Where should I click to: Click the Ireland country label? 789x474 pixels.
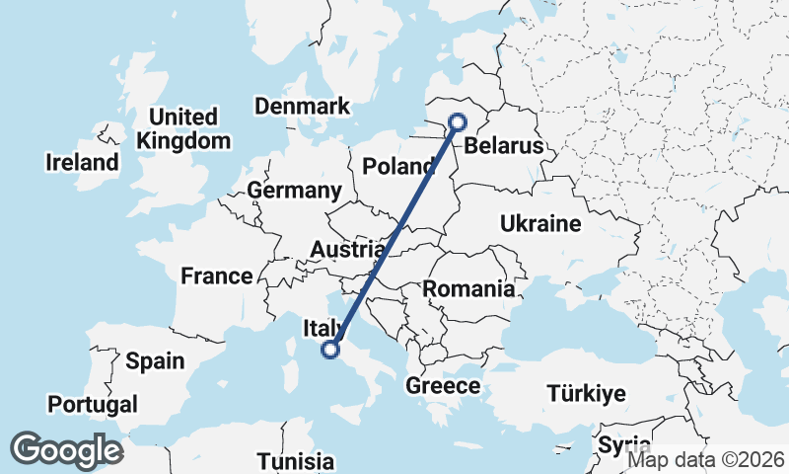point(82,162)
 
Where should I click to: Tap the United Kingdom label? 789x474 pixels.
point(183,128)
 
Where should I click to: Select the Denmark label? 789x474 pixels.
point(302,106)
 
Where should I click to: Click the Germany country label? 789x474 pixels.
point(294,190)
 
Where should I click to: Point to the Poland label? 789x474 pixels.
point(399,166)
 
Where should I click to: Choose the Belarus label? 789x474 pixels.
point(504,146)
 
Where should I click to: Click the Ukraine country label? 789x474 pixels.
point(539,223)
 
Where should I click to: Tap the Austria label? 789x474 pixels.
point(346,250)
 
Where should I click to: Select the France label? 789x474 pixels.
point(217,276)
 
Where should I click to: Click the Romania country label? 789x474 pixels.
point(468,289)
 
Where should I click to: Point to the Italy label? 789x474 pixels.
point(323,327)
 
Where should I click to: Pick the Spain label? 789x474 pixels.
point(155,360)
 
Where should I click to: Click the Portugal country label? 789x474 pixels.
point(93,404)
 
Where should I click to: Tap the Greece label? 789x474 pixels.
point(443,385)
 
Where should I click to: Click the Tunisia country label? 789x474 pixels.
point(295,461)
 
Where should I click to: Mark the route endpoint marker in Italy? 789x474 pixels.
point(331,348)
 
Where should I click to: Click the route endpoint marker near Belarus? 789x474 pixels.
point(458,122)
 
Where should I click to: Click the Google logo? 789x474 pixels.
point(67,450)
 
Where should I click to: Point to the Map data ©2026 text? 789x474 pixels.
point(706,459)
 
